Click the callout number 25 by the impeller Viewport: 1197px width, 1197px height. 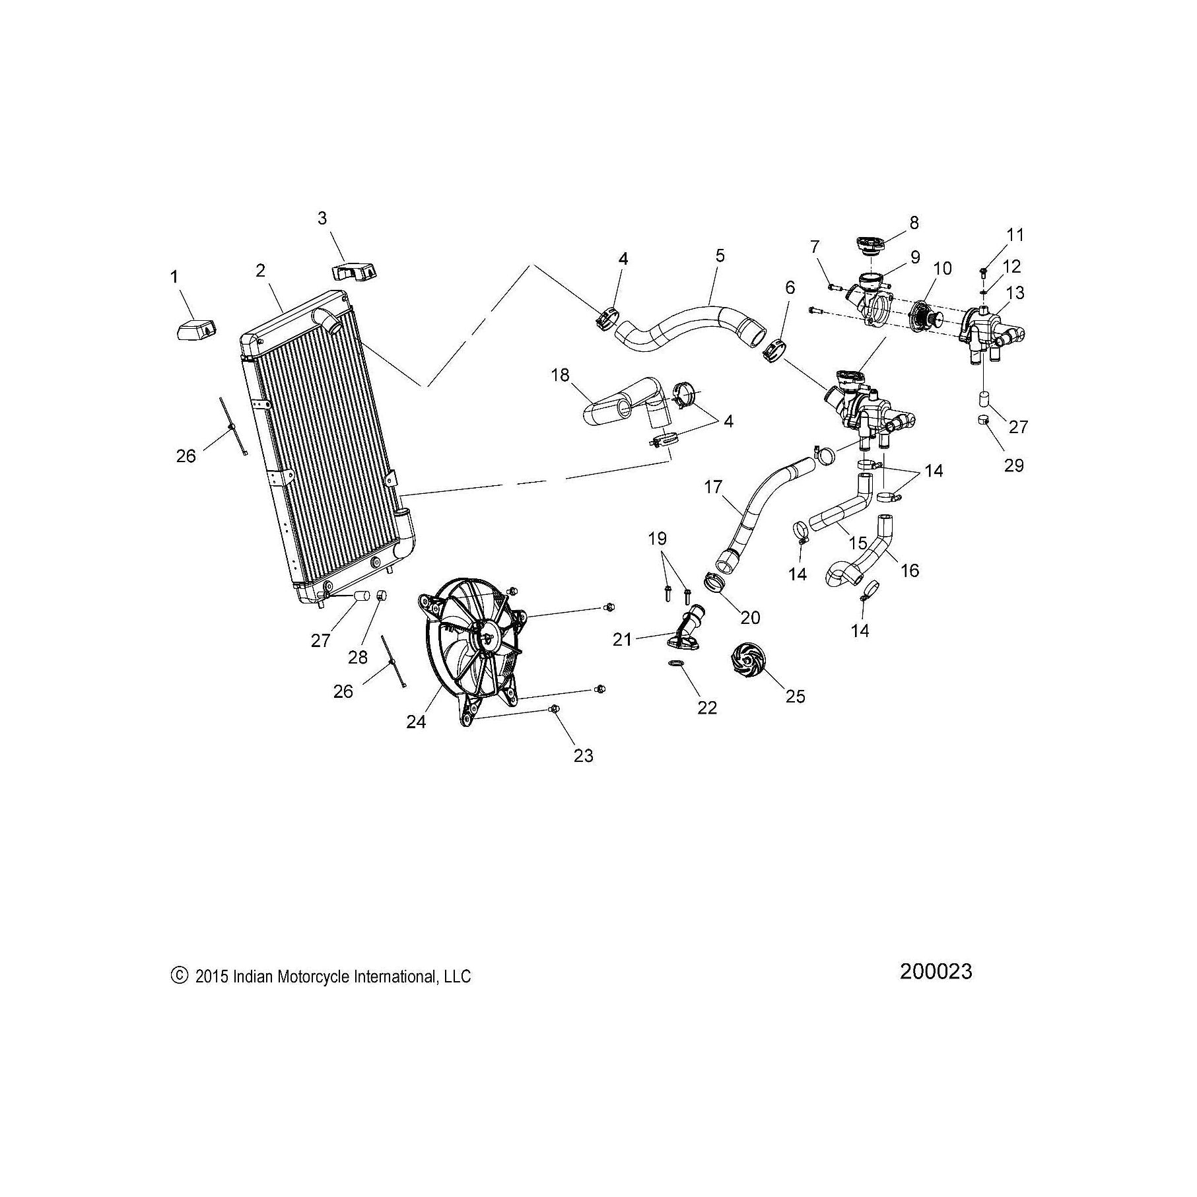(796, 696)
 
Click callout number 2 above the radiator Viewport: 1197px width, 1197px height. (261, 270)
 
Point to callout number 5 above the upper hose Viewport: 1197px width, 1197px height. (720, 256)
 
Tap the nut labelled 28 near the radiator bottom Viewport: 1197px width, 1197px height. (382, 596)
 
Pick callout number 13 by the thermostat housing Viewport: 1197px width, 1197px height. (1015, 291)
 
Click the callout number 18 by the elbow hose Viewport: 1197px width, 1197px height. (560, 375)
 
